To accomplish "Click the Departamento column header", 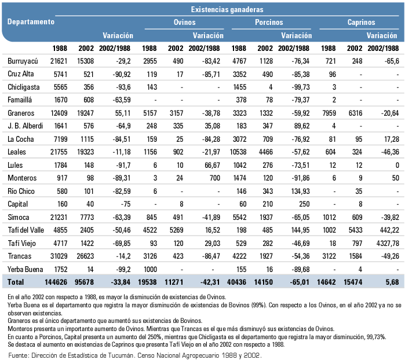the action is point(31,21).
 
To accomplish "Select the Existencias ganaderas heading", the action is point(227,9).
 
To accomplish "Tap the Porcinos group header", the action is point(269,22).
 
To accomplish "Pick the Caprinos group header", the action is point(361,22).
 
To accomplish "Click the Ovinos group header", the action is point(184,22).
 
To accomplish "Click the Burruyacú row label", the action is point(23,61).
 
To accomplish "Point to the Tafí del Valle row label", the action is point(26,230).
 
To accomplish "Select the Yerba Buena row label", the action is point(25,269).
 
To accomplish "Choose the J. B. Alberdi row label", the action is point(25,126).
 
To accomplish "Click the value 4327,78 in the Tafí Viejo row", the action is point(388,243).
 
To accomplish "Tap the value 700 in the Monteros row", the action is point(214,178).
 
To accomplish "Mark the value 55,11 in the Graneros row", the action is point(122,113).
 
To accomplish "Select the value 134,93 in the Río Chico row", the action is point(300,191).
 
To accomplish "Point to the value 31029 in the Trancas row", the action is point(59,256).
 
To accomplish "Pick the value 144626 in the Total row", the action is point(56,282).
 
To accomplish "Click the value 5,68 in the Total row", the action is point(392,282).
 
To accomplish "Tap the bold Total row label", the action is point(16,282).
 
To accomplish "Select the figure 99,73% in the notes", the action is point(377,337).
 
